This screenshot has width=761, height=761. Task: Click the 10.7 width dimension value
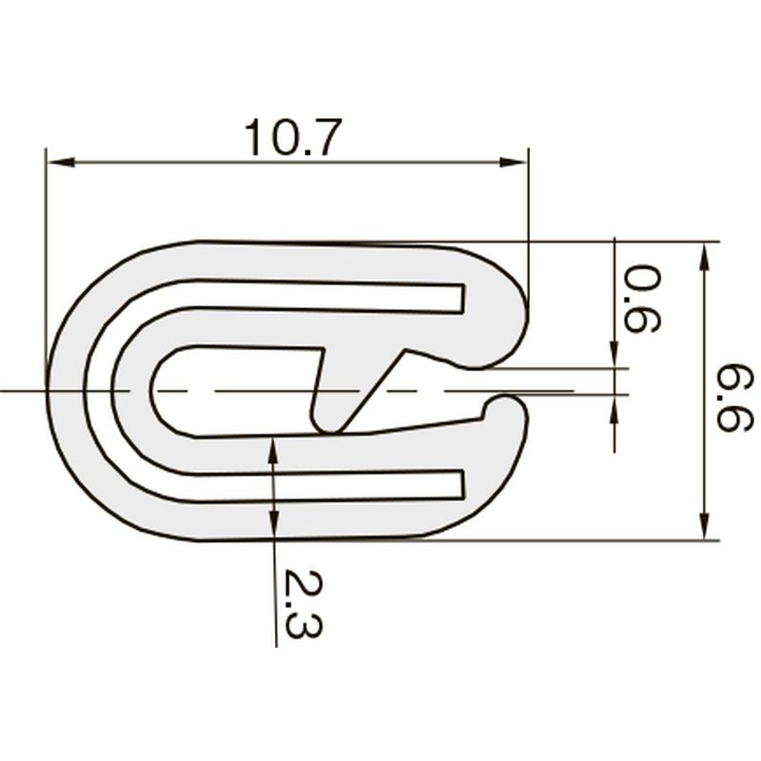coord(293,138)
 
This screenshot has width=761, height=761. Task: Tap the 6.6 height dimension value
coord(734,399)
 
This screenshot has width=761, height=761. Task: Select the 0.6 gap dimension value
coord(641,299)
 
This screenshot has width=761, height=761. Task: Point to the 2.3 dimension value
coord(302,603)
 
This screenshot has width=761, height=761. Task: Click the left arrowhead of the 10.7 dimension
coord(60,162)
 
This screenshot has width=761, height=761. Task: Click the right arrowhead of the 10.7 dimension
coord(514,162)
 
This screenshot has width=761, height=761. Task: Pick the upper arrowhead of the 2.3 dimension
coord(273,451)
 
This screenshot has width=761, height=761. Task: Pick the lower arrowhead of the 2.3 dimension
coord(275,523)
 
